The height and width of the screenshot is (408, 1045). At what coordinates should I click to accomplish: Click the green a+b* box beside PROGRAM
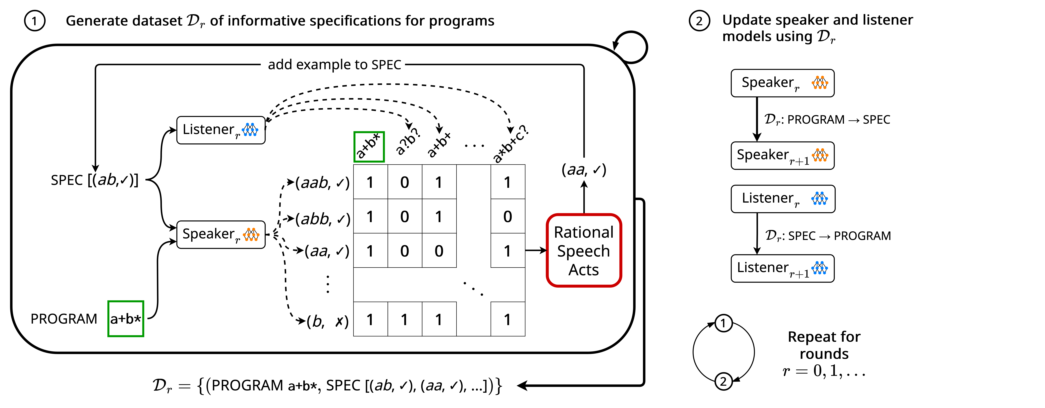point(126,319)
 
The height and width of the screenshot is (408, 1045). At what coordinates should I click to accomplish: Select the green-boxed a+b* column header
point(369,147)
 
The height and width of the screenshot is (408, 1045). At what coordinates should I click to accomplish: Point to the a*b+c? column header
point(510,144)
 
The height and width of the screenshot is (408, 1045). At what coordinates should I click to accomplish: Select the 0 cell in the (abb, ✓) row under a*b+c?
point(507,217)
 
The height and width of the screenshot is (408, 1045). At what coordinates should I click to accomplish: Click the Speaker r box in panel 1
point(221,234)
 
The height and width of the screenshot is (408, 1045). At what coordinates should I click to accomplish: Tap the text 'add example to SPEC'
point(334,65)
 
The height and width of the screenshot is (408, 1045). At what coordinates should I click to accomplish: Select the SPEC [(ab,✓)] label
point(95,180)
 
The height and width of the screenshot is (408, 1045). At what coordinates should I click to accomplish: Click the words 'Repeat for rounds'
point(824,345)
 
